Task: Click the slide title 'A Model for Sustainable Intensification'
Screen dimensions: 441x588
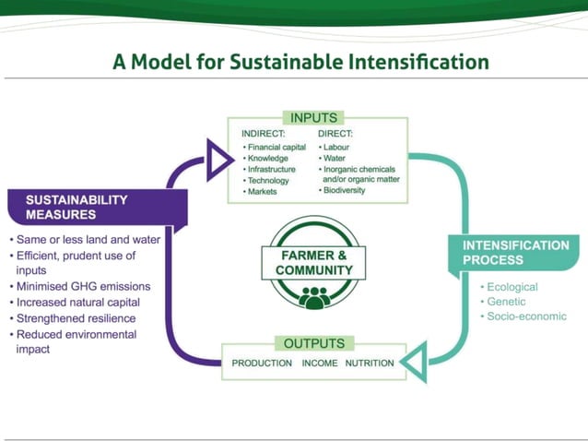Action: click(300, 63)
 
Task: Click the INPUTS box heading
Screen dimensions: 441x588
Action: click(314, 118)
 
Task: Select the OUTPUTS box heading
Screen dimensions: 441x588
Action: click(313, 343)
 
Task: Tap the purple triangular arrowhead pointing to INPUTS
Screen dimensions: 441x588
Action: click(218, 161)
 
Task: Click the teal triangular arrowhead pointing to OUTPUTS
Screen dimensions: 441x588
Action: click(413, 363)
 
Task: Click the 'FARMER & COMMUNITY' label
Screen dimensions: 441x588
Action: click(313, 262)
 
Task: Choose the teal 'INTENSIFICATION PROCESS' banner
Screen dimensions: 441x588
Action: click(515, 253)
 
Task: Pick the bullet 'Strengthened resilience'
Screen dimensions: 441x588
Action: click(78, 318)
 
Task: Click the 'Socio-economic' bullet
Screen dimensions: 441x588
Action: click(526, 316)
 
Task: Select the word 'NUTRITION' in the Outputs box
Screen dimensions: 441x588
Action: click(370, 363)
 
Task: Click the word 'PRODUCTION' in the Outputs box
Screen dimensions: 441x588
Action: click(262, 363)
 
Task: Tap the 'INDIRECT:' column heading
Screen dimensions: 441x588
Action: click(263, 134)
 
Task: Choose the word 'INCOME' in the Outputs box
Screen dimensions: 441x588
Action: click(320, 363)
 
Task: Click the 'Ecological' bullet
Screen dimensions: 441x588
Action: click(512, 287)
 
